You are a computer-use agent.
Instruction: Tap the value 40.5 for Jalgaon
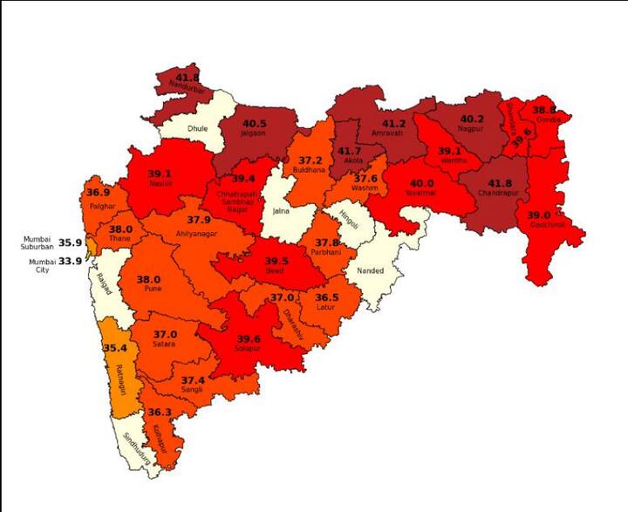click(x=254, y=124)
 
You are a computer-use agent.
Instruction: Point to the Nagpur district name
click(x=472, y=131)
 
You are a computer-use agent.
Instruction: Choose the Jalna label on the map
click(x=281, y=210)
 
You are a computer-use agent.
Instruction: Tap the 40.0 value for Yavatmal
click(x=422, y=183)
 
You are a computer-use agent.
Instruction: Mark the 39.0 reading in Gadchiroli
click(x=538, y=215)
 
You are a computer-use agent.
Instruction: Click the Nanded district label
click(x=371, y=270)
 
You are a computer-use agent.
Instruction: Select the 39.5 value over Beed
click(x=276, y=261)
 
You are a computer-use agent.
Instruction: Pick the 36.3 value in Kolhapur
click(x=159, y=412)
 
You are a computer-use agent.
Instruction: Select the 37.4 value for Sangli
click(x=193, y=380)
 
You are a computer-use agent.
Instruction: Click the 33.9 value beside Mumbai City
click(x=70, y=261)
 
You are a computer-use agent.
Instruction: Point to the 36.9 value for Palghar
click(x=98, y=192)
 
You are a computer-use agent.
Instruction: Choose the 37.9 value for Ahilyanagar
click(x=199, y=222)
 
